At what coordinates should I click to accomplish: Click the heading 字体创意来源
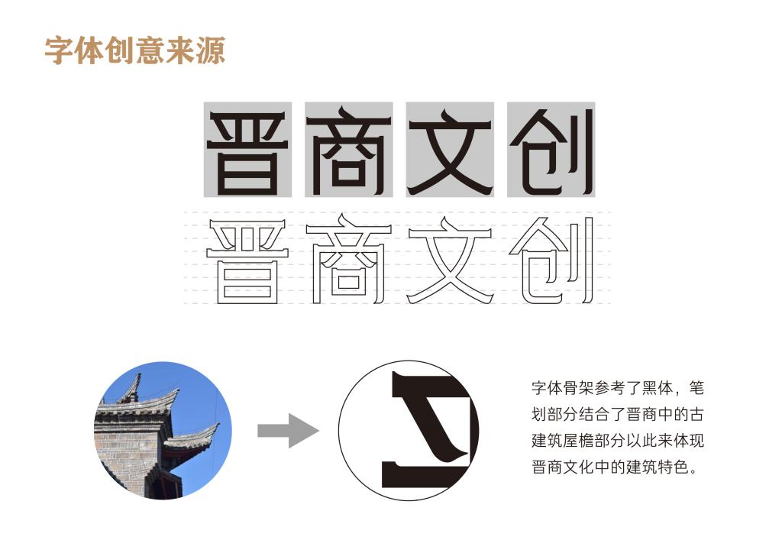point(135,50)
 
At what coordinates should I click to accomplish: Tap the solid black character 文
point(451,152)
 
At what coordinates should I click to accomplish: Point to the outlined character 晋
point(248,261)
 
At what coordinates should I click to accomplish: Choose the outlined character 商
point(348,259)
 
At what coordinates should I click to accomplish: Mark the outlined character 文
point(451,260)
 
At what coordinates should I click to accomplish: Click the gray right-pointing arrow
point(288,431)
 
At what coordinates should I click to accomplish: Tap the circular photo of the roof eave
point(163,430)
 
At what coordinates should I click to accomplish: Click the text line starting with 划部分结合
point(617,415)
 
